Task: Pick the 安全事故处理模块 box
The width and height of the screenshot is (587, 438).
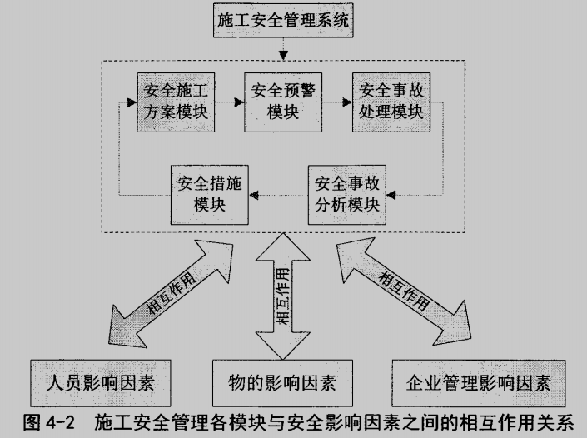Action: click(x=387, y=101)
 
